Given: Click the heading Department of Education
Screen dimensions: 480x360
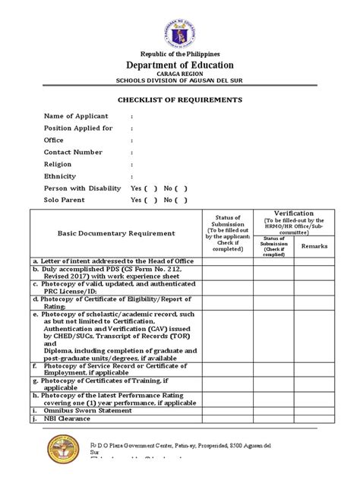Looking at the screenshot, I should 180,65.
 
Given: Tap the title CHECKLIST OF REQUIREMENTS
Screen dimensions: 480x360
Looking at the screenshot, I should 179,99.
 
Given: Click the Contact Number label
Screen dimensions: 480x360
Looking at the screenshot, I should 73,152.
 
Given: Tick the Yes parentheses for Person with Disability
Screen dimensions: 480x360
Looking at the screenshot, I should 150,188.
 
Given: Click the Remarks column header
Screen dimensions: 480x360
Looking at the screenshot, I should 314,246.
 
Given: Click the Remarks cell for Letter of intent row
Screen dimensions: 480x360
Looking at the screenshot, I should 314,261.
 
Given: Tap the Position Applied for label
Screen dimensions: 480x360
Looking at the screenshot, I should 78,128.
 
